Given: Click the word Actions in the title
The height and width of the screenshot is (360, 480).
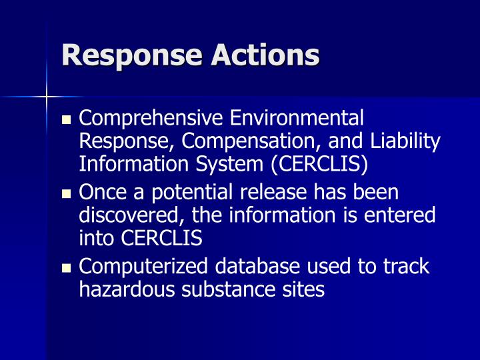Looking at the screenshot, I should point(265,55).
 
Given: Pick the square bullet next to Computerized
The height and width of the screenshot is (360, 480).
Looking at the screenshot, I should point(65,269).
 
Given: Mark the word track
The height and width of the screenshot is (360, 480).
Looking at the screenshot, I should point(406,267).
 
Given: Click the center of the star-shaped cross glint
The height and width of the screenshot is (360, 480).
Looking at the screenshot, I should point(46,98).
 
